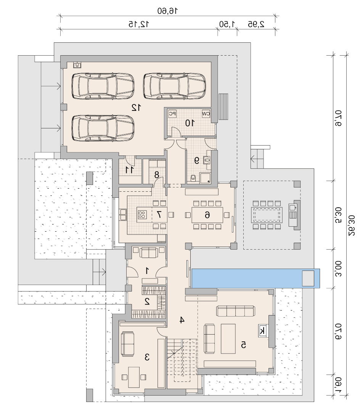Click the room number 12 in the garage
pyautogui.click(x=136, y=107)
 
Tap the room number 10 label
pyautogui.click(x=190, y=123)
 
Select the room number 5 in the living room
pyautogui.click(x=243, y=345)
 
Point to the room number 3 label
pyautogui.click(x=147, y=357)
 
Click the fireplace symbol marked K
pyautogui.click(x=262, y=331)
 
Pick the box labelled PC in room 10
pyautogui.click(x=173, y=114)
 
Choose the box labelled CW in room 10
pyautogui.click(x=206, y=114)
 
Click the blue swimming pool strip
pyautogui.click(x=256, y=278)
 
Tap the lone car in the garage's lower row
pyautogui.click(x=103, y=128)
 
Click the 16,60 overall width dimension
pyautogui.click(x=167, y=11)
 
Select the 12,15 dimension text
pyautogui.click(x=139, y=24)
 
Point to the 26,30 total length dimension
pyautogui.click(x=352, y=225)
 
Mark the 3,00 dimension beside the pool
pyautogui.click(x=338, y=269)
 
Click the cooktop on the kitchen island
pyautogui.click(x=142, y=215)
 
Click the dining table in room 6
pyautogui.click(x=207, y=215)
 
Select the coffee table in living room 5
pyautogui.click(x=228, y=339)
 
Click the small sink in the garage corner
pyautogui.click(x=77, y=65)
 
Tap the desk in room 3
pyautogui.click(x=134, y=377)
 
